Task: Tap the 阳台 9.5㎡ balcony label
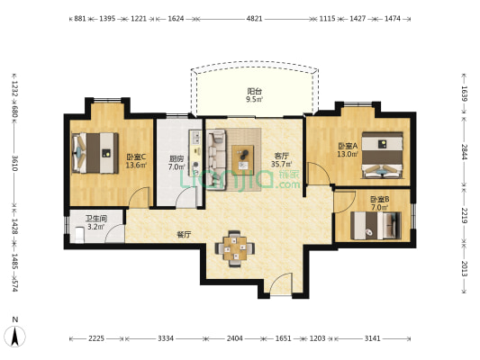pos(255,95)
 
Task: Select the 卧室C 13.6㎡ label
pos(136,161)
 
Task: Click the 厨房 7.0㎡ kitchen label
pos(177,163)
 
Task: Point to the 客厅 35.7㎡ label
pos(281,160)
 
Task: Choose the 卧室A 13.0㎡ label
pos(348,150)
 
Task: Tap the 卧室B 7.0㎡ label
pos(380,203)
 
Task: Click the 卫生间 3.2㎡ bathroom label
pos(96,222)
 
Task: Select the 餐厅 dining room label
pos(184,235)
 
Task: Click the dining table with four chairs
pos(235,248)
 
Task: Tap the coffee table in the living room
pos(243,157)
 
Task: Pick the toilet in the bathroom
pos(79,235)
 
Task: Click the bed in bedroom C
pos(95,153)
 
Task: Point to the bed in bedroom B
pos(376,225)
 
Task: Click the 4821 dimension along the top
pos(254,19)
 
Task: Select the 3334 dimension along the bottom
pos(166,338)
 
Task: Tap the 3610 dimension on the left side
pos(14,163)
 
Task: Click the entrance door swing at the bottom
pos(281,283)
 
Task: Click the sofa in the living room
pos(216,159)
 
